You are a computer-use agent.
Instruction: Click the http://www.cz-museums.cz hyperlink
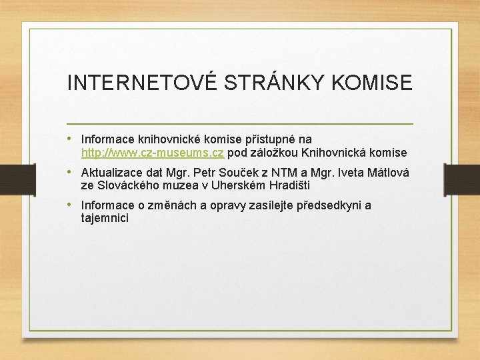152,153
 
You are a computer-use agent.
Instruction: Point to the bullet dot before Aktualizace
71,172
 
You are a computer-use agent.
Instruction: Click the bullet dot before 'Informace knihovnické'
71,139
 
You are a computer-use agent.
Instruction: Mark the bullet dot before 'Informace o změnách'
71,205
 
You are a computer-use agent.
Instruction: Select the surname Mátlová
386,173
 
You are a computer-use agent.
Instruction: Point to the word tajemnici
105,218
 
